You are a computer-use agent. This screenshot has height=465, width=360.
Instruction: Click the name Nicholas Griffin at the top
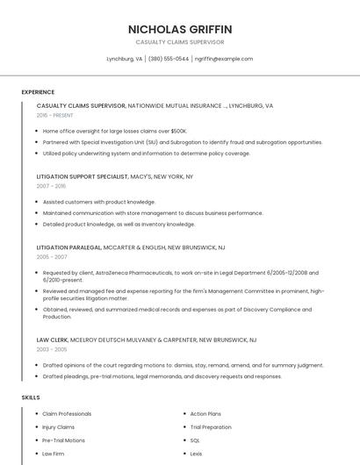point(180,29)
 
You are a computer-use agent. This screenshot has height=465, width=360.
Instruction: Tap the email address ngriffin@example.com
point(224,59)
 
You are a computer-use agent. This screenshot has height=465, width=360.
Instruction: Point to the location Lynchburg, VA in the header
point(124,59)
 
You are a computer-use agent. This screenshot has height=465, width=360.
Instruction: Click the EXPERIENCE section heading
point(38,92)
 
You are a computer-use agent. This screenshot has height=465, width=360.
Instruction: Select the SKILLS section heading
point(31,397)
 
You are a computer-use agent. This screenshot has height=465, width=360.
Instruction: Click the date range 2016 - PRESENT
point(54,115)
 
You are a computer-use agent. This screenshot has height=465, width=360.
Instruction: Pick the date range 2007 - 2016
point(51,186)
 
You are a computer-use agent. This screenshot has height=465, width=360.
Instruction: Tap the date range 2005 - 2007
point(52,257)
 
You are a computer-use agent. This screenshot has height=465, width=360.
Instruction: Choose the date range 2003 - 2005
point(52,349)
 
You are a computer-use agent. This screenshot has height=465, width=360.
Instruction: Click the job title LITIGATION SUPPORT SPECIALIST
point(82,176)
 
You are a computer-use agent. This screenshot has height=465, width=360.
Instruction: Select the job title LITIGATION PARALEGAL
point(68,247)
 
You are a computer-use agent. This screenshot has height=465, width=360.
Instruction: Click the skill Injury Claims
point(58,427)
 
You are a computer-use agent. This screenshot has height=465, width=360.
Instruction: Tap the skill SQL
point(196,440)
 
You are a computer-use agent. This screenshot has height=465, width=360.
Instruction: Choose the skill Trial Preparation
point(211,427)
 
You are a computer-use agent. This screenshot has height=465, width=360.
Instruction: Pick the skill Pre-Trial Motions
point(63,440)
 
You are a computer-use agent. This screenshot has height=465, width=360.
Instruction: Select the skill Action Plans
point(205,413)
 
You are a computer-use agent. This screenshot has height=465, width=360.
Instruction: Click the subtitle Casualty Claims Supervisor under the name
point(180,42)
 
